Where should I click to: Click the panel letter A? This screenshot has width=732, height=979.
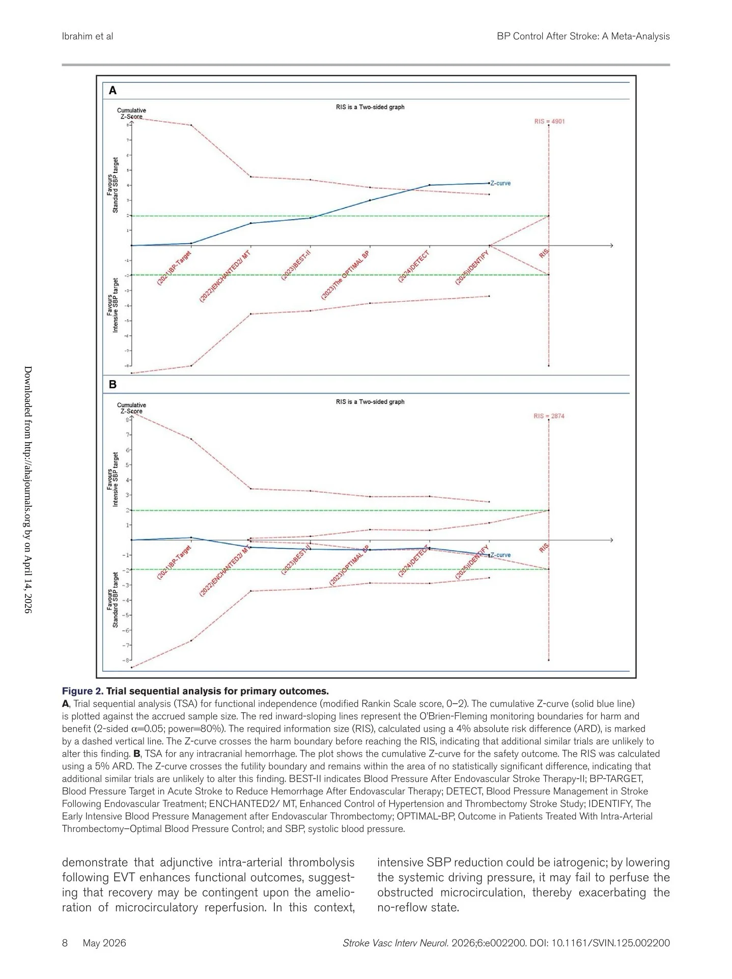point(112,91)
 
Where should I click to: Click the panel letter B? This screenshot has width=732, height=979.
point(112,385)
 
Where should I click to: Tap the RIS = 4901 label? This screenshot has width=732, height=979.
point(549,122)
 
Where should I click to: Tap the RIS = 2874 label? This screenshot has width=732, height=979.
point(549,416)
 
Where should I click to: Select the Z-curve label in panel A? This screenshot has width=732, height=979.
point(500,183)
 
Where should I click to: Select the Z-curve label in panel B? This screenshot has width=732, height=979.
point(500,555)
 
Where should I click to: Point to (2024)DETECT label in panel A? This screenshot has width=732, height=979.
point(414,267)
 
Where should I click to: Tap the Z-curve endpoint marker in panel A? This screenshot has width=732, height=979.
point(489,183)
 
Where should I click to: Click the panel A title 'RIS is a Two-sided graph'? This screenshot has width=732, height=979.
point(370,107)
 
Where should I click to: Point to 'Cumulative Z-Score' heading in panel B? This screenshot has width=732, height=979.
point(131,408)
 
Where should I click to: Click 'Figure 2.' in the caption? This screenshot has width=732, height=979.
point(82,691)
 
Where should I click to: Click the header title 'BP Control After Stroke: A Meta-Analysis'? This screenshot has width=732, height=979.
point(583,36)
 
